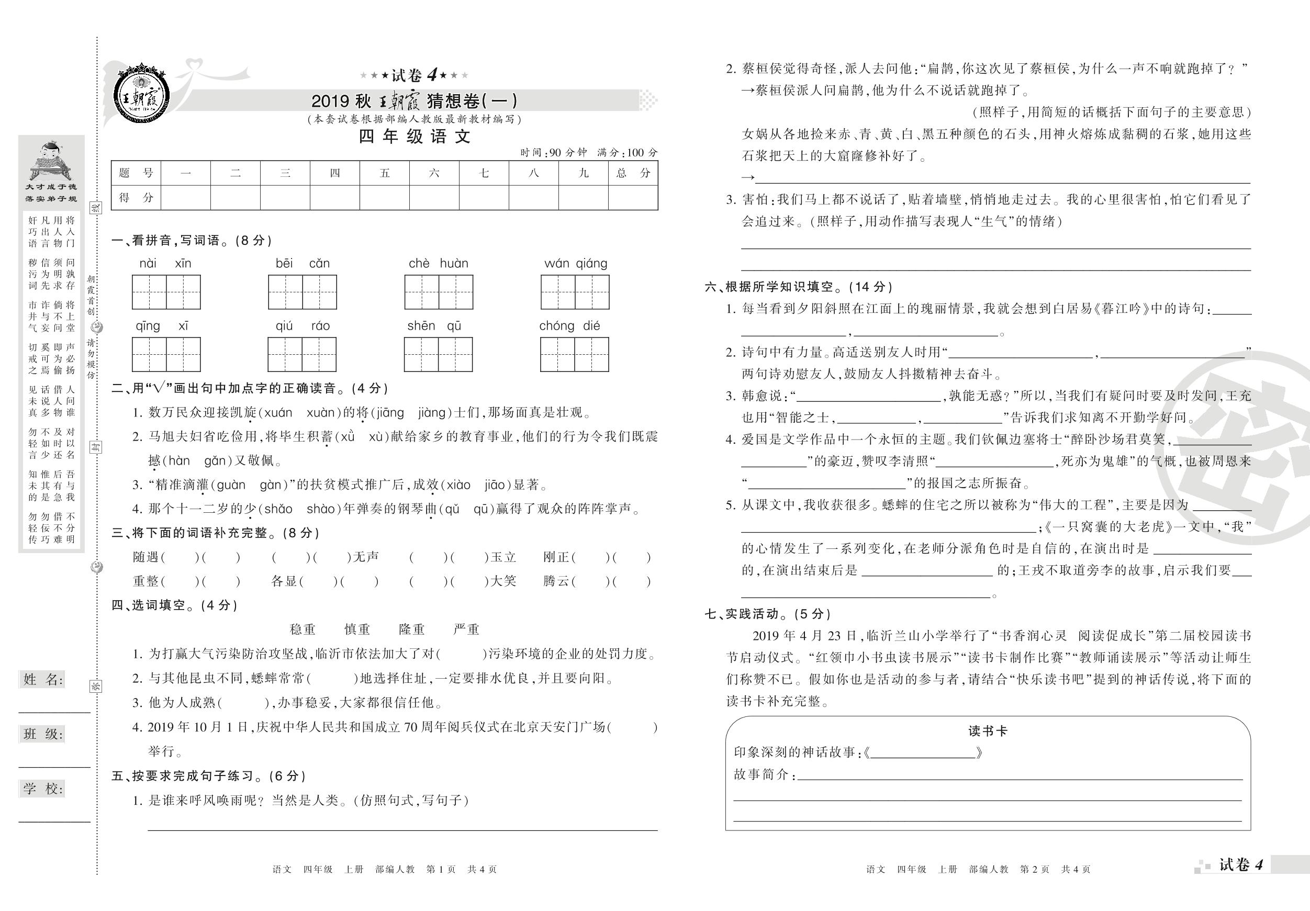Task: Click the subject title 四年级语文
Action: point(415,137)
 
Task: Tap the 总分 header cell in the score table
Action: point(633,173)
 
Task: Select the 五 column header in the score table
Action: point(385,173)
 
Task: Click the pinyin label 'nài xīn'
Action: point(165,264)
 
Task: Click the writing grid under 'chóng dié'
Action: point(574,354)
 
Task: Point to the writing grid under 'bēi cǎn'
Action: point(303,292)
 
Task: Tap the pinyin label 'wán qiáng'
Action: point(575,264)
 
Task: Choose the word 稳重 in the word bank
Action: point(303,629)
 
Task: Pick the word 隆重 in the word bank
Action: point(412,629)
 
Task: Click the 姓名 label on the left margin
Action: point(42,679)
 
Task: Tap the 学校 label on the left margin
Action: point(42,789)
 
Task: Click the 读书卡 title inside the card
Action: point(988,732)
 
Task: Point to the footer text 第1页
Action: point(441,869)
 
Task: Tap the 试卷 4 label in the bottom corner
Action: point(1240,865)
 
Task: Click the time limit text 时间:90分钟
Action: point(553,153)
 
